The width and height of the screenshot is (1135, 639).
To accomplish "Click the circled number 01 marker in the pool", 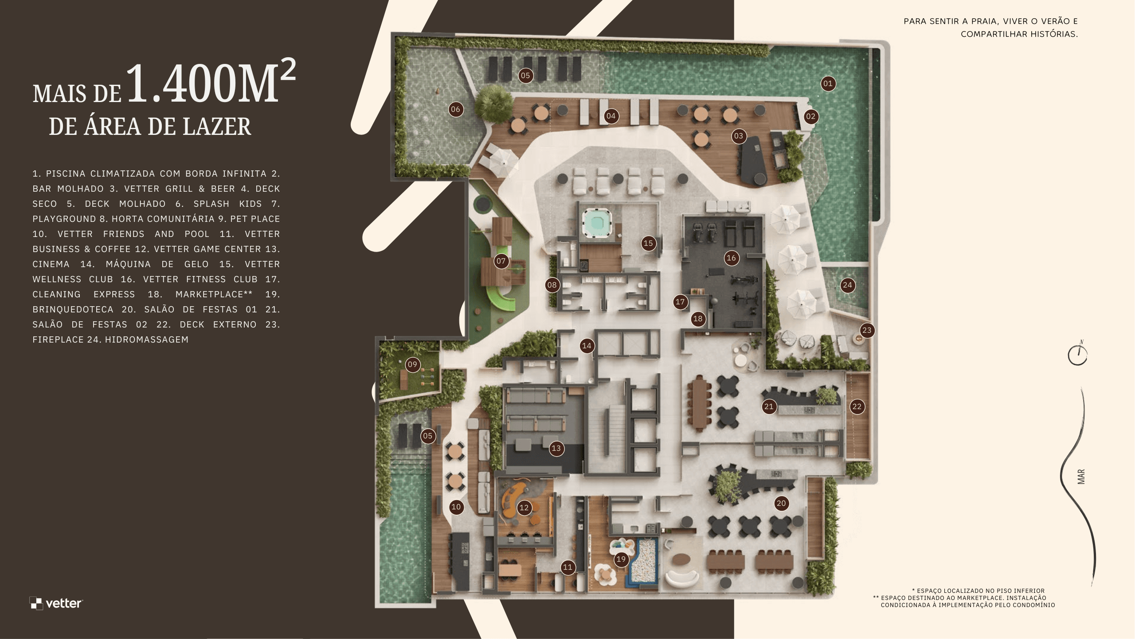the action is (x=828, y=83).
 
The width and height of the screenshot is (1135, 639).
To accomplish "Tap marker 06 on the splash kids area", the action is (x=455, y=109).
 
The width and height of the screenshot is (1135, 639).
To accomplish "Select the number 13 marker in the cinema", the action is (x=556, y=448).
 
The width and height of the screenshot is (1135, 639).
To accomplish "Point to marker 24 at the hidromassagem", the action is (x=847, y=285).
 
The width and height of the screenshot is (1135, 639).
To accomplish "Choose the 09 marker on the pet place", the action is (x=413, y=365).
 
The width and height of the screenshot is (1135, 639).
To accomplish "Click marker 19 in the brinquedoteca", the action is (x=621, y=560).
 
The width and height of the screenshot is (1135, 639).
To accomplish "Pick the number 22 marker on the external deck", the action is (x=857, y=406).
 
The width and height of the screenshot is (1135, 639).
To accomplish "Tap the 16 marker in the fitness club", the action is (x=731, y=258).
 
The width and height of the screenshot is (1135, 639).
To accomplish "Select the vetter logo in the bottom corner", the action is (x=56, y=603).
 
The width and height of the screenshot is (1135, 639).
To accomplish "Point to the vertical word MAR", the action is (x=1081, y=477).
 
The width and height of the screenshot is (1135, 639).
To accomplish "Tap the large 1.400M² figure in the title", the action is (x=211, y=82).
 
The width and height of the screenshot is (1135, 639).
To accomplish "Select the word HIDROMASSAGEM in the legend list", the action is (x=147, y=339).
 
